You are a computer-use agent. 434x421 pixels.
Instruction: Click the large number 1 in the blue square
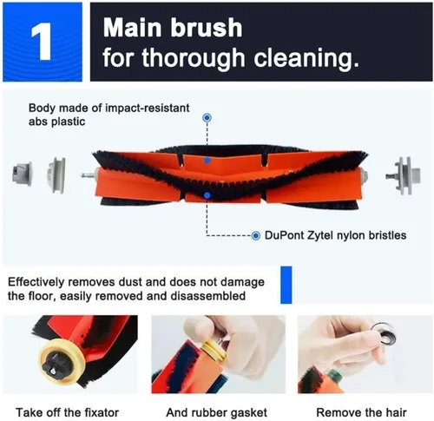42,42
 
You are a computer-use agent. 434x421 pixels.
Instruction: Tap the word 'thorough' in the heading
194,57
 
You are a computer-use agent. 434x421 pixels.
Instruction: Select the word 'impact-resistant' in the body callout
148,108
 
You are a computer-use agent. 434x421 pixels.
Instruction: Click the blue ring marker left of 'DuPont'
255,236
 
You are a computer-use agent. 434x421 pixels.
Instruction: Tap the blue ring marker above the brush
207,118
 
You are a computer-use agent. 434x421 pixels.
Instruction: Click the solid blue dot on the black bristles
207,195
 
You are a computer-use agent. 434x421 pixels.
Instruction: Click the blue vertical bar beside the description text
286,285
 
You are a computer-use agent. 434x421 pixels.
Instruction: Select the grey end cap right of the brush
404,175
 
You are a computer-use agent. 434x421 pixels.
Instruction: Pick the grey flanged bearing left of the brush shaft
56,175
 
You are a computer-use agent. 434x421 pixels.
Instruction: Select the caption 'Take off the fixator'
67,412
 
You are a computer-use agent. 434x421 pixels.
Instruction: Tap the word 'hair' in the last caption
396,412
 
